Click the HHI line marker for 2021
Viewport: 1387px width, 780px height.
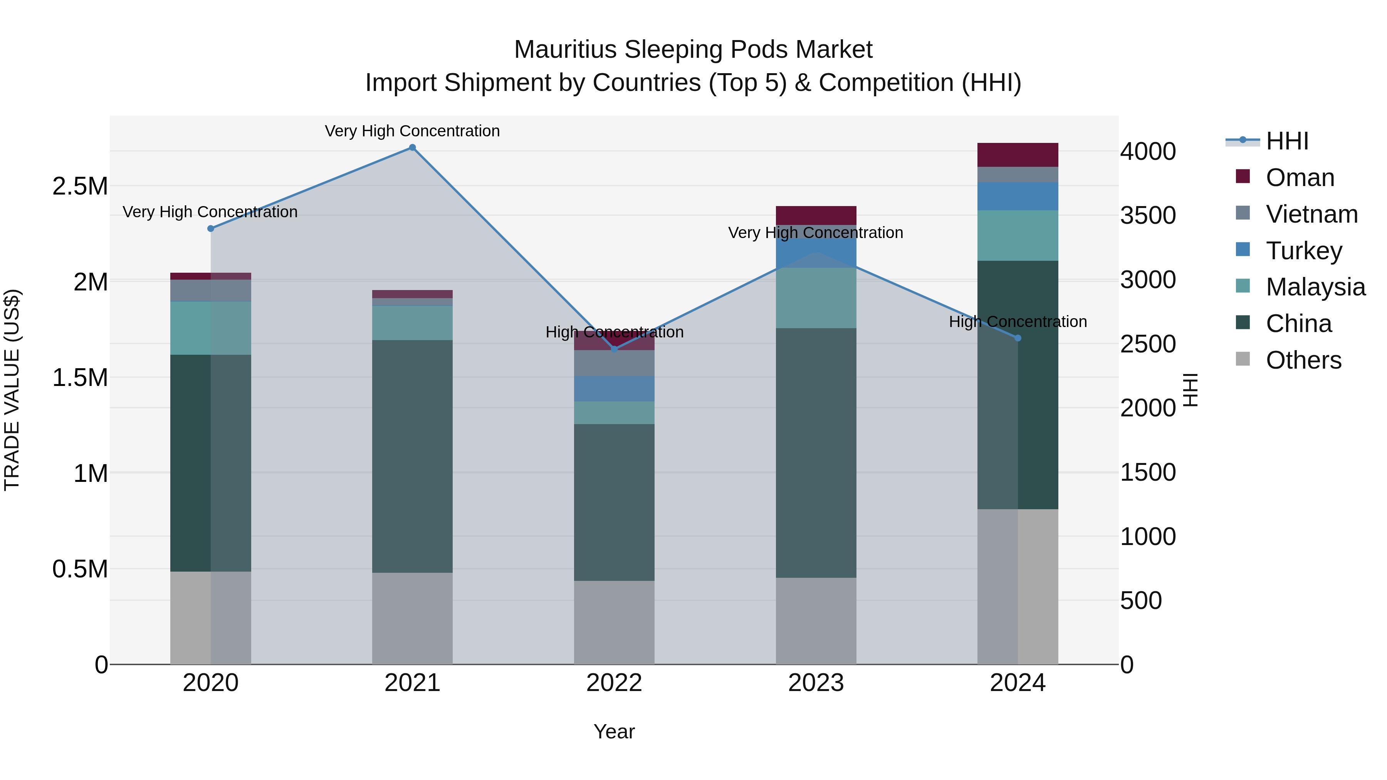click(x=412, y=148)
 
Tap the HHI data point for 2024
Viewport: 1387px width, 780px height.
click(x=1018, y=338)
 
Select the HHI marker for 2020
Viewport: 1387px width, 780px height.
click(x=210, y=229)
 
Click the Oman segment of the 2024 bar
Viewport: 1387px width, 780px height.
click(x=1018, y=155)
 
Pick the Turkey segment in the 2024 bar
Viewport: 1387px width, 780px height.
click(x=1018, y=196)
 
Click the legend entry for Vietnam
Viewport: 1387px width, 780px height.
click(x=1311, y=214)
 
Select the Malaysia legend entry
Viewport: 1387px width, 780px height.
click(x=1315, y=287)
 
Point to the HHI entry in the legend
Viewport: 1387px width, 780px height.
click(x=1287, y=141)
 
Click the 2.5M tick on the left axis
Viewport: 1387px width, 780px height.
click(x=80, y=186)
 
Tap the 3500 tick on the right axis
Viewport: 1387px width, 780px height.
click(x=1148, y=215)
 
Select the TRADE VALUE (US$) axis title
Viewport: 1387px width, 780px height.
click(x=12, y=390)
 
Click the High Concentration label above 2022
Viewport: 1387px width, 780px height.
click(x=615, y=332)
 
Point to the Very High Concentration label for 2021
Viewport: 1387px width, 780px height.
click(x=412, y=131)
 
